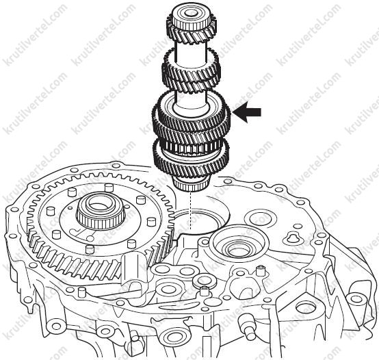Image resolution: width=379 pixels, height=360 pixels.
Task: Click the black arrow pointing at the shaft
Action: click(246, 112)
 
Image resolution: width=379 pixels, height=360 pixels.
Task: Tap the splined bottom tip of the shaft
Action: click(192, 184)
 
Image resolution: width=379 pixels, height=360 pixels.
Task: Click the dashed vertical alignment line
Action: click(191, 211)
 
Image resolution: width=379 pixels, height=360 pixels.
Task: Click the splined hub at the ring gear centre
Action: click(101, 212)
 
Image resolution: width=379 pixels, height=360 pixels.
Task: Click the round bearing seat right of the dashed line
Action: click(239, 241)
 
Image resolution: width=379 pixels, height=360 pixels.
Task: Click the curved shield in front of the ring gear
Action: click(132, 267)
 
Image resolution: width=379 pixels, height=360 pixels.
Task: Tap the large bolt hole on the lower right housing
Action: click(306, 309)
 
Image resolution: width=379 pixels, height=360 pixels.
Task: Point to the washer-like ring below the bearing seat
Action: click(205, 280)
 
